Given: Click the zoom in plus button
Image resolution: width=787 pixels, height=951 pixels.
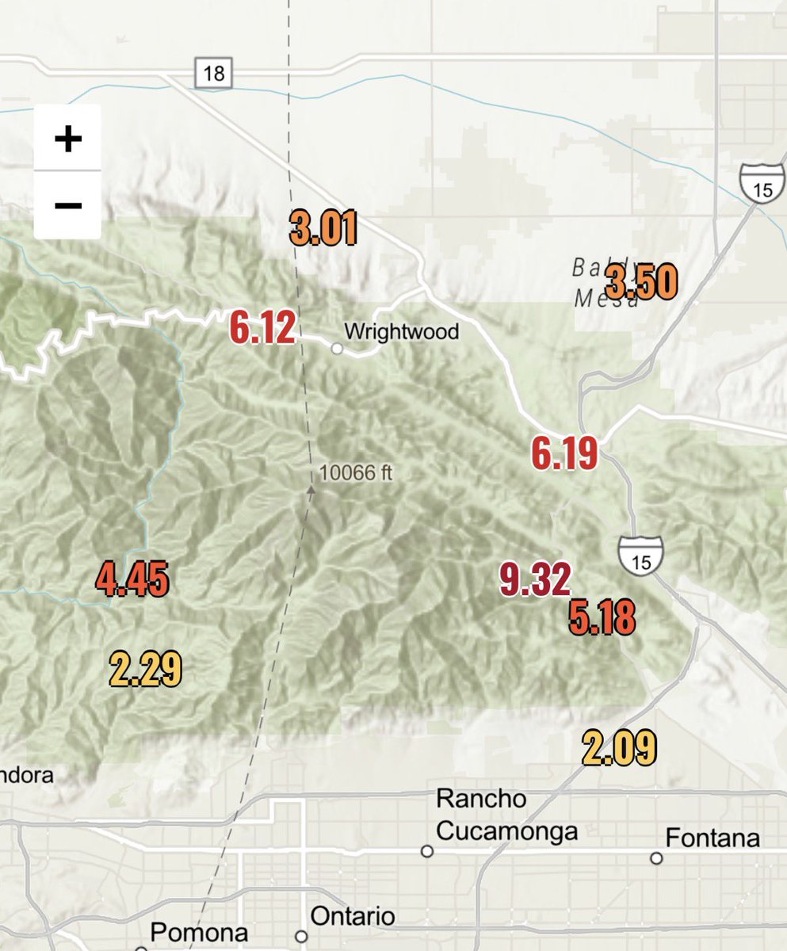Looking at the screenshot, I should pos(67,139).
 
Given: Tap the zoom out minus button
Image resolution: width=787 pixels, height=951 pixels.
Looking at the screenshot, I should pos(67,205).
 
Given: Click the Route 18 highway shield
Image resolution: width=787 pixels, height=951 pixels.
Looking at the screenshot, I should pos(213,74).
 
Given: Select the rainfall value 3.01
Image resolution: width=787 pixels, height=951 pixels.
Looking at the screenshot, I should pos(323,228).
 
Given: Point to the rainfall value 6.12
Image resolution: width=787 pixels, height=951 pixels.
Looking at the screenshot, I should pos(262,327).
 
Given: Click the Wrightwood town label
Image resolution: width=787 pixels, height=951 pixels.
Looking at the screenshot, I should pos(402,330).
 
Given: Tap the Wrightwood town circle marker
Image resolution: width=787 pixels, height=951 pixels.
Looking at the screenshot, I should pos(337,348).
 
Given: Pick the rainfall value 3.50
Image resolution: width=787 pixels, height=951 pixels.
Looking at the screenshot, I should pos(642,283).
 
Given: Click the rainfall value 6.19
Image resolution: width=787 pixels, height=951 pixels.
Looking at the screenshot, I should pos(564,454).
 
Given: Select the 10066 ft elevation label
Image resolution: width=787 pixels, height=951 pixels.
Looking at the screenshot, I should pos(356,474).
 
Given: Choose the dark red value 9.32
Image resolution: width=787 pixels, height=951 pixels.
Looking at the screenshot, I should pos(536,579).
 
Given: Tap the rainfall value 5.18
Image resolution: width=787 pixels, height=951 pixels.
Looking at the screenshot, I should pos(602,619).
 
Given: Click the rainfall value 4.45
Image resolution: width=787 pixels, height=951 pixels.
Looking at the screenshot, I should pos(132,579).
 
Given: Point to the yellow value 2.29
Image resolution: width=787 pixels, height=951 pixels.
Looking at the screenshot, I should pos(146,668).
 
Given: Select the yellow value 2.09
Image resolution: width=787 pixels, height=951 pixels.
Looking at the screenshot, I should pos(619,748).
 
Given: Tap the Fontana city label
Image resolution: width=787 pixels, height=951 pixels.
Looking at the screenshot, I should pos(713,838).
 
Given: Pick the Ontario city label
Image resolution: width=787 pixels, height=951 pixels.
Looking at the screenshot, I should pos(353,917).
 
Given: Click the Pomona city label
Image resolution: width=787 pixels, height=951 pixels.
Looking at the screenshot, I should pos(199,932).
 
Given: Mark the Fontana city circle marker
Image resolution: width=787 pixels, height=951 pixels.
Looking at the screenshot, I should pos(656,858).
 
